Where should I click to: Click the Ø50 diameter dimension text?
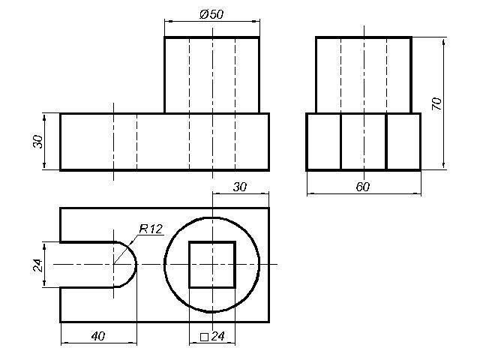[x=211, y=14]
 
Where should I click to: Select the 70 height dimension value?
[x=436, y=103]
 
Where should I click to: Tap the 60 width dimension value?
[x=363, y=187]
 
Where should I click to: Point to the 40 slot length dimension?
[x=98, y=336]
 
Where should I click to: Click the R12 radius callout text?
[x=151, y=229]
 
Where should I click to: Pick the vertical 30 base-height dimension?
[x=38, y=142]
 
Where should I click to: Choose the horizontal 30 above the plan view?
[x=240, y=187]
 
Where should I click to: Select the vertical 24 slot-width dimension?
[x=37, y=265]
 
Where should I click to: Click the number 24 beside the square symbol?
[x=218, y=336]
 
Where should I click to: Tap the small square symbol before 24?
[x=204, y=337]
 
